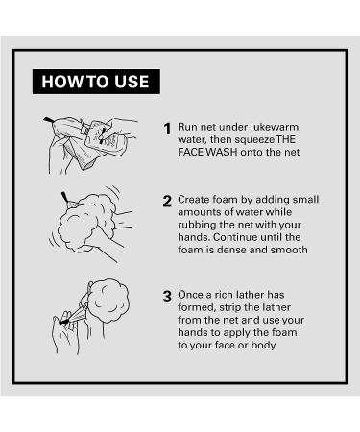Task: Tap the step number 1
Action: coord(167,129)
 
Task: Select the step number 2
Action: coord(167,202)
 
